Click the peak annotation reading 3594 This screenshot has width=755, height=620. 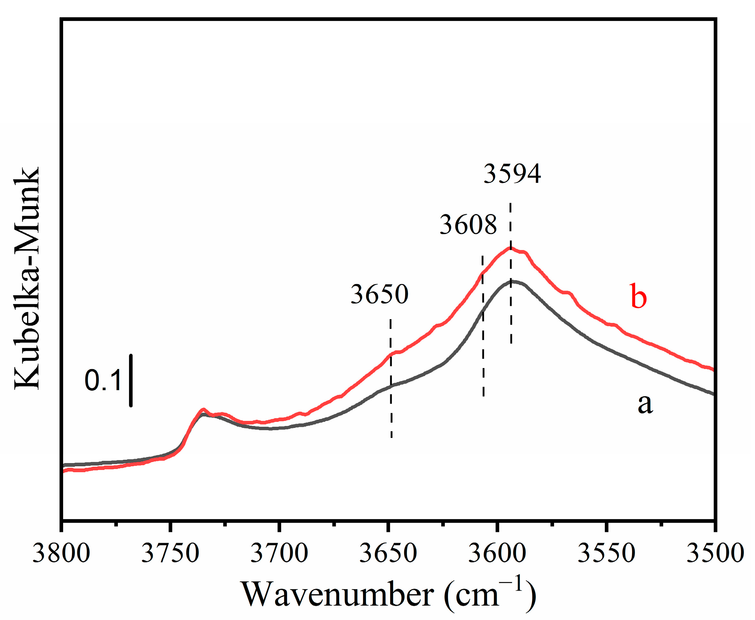[512, 174]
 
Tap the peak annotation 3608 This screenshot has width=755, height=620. [468, 225]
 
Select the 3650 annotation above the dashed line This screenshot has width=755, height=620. [379, 294]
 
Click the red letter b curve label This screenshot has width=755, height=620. [638, 296]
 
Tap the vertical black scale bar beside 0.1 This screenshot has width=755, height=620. [131, 381]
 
